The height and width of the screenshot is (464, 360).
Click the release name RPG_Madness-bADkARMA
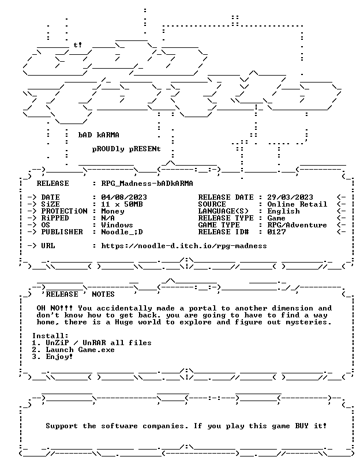147,184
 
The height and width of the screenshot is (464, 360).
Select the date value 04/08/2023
124,197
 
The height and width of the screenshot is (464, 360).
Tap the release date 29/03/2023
290,197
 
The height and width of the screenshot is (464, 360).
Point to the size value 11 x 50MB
122,204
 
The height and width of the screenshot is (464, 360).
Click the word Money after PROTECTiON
112,211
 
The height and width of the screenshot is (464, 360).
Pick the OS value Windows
117,225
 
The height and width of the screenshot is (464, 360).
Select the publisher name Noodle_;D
122,232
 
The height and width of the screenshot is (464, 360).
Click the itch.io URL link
184,246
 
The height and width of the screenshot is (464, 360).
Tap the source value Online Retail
297,204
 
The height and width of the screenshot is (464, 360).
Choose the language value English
283,211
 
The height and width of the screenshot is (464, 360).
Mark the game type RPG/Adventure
297,225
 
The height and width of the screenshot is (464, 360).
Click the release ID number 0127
276,232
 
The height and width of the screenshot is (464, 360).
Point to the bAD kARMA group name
99,135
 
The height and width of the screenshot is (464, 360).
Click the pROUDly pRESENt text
126,149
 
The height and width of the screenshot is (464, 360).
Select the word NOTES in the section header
103,294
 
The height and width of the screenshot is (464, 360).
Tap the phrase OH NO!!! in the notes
55,308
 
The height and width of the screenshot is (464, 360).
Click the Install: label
50,336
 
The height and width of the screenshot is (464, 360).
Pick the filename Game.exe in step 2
96,350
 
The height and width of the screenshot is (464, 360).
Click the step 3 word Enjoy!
59,357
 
